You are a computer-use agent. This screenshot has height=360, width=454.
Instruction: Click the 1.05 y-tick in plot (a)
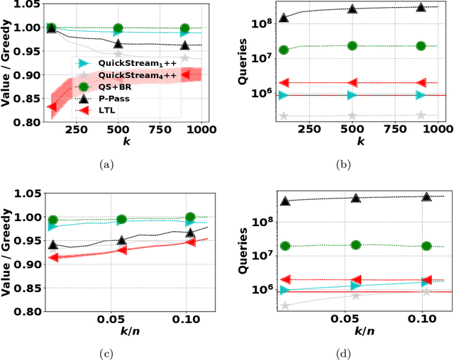(x=28, y=4)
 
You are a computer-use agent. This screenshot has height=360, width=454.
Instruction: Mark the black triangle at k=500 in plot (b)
(x=353, y=9)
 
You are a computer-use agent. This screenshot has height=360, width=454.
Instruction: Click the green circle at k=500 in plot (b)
(x=353, y=45)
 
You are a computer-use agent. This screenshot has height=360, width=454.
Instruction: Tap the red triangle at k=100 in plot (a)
(x=52, y=107)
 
